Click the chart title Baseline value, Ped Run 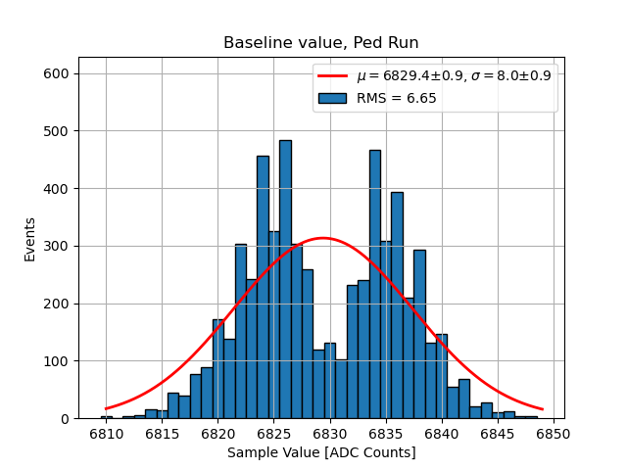click(x=321, y=43)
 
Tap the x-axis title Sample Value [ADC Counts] click(x=321, y=452)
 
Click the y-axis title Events click(x=30, y=239)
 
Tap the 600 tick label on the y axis click(x=57, y=74)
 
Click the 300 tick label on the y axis click(x=57, y=247)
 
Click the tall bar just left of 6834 click(x=375, y=284)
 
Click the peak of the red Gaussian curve click(x=322, y=238)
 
